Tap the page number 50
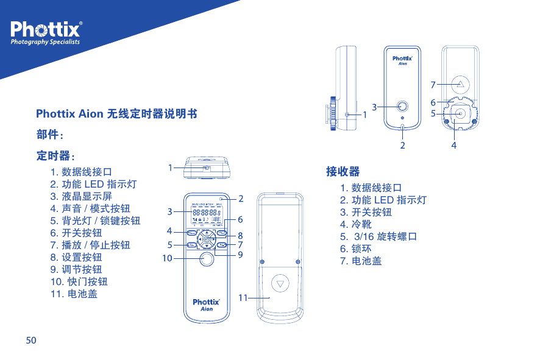coord(30,339)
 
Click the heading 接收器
coord(343,171)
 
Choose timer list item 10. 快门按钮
coord(79,281)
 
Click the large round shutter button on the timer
coord(207,260)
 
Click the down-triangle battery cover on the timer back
coord(280,283)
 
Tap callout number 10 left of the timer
coord(166,258)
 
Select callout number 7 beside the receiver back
coord(433,84)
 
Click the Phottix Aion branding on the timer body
coord(207,304)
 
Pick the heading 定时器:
coord(55,156)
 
